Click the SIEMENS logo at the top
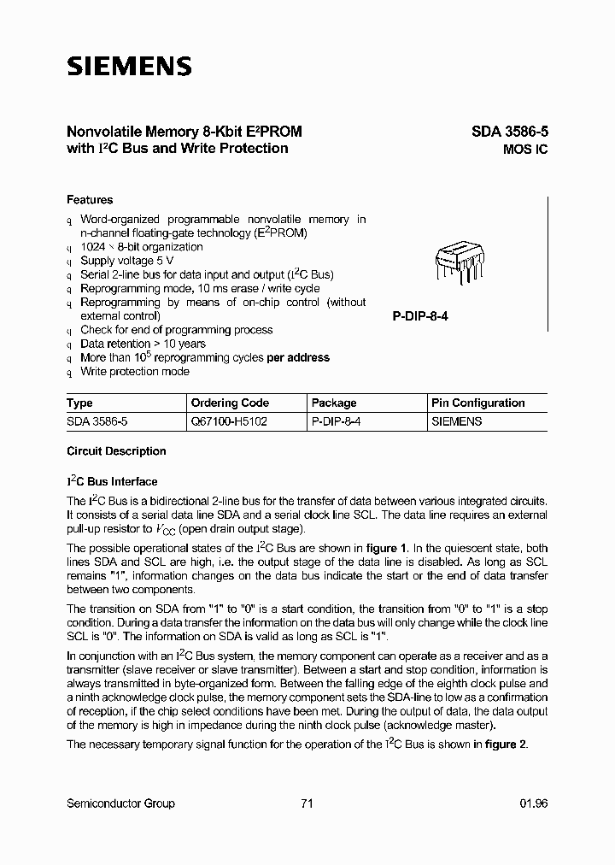130,67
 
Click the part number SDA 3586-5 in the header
509,132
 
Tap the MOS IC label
524,150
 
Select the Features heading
90,200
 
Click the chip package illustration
460,262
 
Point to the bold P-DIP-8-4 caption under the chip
420,316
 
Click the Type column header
79,403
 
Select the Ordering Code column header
229,403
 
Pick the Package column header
334,403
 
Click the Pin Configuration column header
477,403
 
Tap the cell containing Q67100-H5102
229,421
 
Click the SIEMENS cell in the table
457,421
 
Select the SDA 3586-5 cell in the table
97,421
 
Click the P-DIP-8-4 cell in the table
336,421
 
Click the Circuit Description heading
116,451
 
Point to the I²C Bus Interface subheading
112,481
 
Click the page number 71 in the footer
307,803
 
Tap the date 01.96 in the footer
533,803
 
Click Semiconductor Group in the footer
120,803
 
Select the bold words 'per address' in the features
298,357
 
